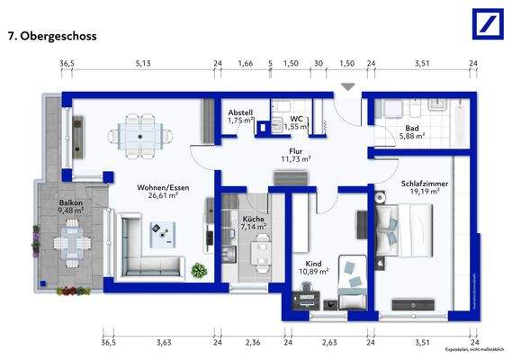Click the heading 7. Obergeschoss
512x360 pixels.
point(52,38)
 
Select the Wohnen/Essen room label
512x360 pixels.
point(157,187)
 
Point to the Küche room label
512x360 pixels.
point(253,219)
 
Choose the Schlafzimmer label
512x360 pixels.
point(424,184)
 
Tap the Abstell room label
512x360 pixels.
point(239,112)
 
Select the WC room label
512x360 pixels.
point(297,117)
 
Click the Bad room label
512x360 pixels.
point(412,128)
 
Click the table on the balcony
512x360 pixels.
point(67,244)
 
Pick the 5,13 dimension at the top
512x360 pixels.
point(143,64)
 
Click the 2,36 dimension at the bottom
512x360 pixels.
point(253,341)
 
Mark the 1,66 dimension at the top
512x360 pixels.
point(245,64)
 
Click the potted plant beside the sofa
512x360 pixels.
point(199,269)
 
